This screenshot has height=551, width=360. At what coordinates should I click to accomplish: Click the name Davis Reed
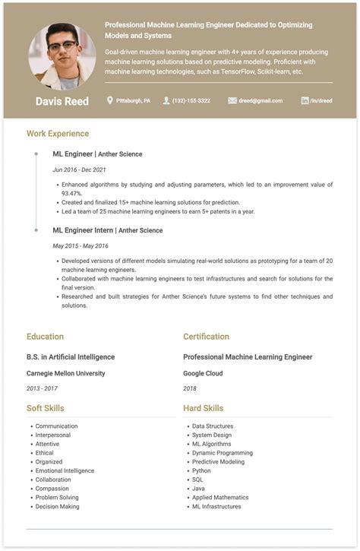coord(62,101)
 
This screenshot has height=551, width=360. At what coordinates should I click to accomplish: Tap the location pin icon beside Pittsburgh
coord(109,100)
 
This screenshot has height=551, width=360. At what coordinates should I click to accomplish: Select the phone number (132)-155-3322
coord(191,100)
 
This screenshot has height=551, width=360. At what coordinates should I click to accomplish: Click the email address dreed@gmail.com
coord(260,100)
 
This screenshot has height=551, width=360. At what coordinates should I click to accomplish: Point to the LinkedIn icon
coord(305,100)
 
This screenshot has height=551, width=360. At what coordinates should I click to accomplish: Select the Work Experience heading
coord(58,134)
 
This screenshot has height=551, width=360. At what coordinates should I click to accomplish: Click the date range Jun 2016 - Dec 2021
coord(79,169)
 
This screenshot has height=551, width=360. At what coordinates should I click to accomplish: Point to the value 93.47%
coord(71,193)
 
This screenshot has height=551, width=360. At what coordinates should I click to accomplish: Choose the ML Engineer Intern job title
coord(83,230)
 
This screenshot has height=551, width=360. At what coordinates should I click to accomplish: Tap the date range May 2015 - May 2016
coord(81,245)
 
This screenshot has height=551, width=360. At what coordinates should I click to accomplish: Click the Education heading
coord(45,337)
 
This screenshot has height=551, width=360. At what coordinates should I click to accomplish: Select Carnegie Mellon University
coord(65,373)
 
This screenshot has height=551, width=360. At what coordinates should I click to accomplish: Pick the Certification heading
coord(206,337)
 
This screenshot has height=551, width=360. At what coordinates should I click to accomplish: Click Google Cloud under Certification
coord(203,373)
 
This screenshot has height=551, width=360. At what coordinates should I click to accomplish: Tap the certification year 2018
coord(190,388)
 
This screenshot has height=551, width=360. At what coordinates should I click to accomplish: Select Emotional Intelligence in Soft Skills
coord(65,470)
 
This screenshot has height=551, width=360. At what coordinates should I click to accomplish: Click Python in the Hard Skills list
coord(201,470)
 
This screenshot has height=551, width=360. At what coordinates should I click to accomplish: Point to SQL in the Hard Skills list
coord(197,480)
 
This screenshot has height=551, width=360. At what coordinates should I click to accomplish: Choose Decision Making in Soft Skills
coord(57,506)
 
